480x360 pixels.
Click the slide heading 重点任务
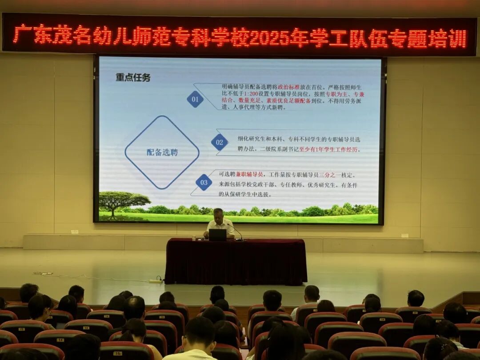pyautogui.click(x=133, y=77)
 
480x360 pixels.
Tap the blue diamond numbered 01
pyautogui.click(x=195, y=99)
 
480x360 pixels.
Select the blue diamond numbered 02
pyautogui.click(x=219, y=142)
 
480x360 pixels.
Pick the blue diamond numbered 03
pyautogui.click(x=204, y=182)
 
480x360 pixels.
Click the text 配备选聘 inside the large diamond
pyautogui.click(x=162, y=152)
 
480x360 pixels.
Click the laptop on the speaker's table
pyautogui.click(x=218, y=235)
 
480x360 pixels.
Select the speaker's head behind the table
pyautogui.click(x=218, y=214)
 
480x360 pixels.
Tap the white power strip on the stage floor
pyautogui.click(x=155, y=281)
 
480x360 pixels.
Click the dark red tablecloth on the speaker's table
pyautogui.click(x=236, y=262)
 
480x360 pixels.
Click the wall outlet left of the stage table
pyautogui.click(x=74, y=232)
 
